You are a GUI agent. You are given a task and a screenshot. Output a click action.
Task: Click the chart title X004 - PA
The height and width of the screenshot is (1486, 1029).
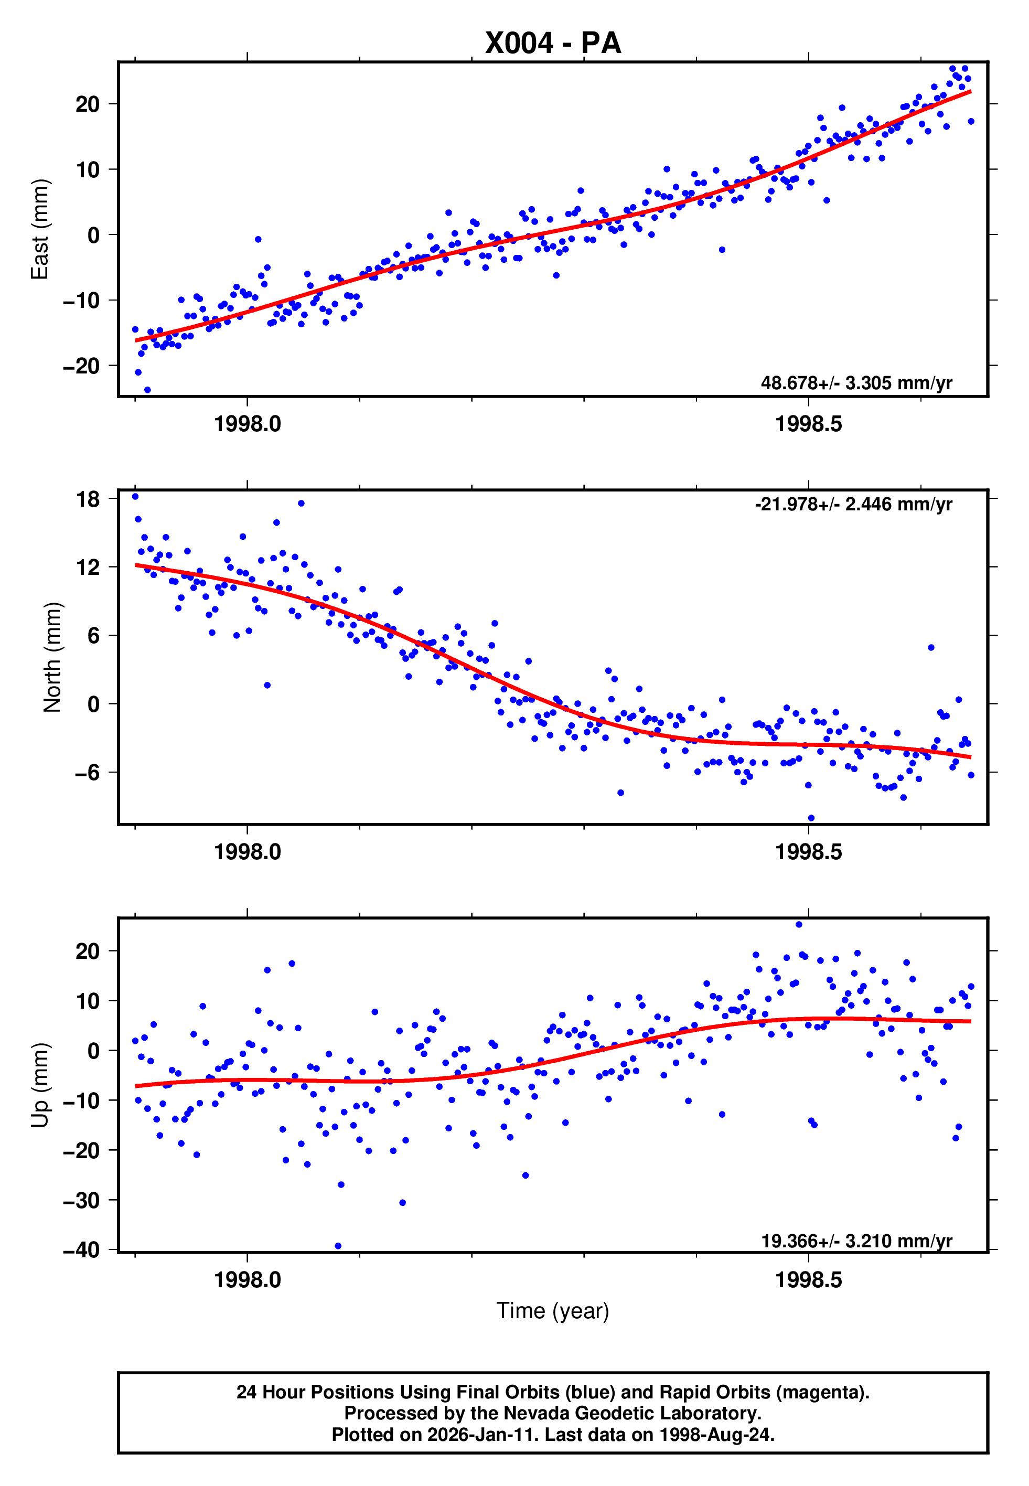[x=553, y=43]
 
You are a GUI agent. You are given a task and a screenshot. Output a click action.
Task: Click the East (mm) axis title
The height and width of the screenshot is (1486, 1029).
[x=40, y=230]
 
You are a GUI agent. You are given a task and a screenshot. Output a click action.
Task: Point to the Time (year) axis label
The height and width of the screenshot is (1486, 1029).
[x=553, y=1311]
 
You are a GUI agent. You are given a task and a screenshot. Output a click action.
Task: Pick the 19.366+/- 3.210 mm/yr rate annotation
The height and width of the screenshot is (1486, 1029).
[x=856, y=1241]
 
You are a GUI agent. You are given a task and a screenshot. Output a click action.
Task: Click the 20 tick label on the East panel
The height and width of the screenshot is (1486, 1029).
[x=88, y=104]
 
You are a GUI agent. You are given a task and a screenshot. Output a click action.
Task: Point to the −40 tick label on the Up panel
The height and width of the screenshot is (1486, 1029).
[x=81, y=1250]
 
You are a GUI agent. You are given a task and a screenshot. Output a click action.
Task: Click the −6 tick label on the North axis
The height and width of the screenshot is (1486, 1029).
[x=87, y=772]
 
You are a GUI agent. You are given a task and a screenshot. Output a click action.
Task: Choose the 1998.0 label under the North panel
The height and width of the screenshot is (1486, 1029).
[x=248, y=852]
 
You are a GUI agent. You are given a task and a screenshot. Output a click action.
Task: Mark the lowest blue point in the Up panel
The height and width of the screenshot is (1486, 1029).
[x=338, y=1246]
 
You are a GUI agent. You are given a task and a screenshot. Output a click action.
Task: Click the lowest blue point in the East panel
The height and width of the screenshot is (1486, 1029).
[x=148, y=390]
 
